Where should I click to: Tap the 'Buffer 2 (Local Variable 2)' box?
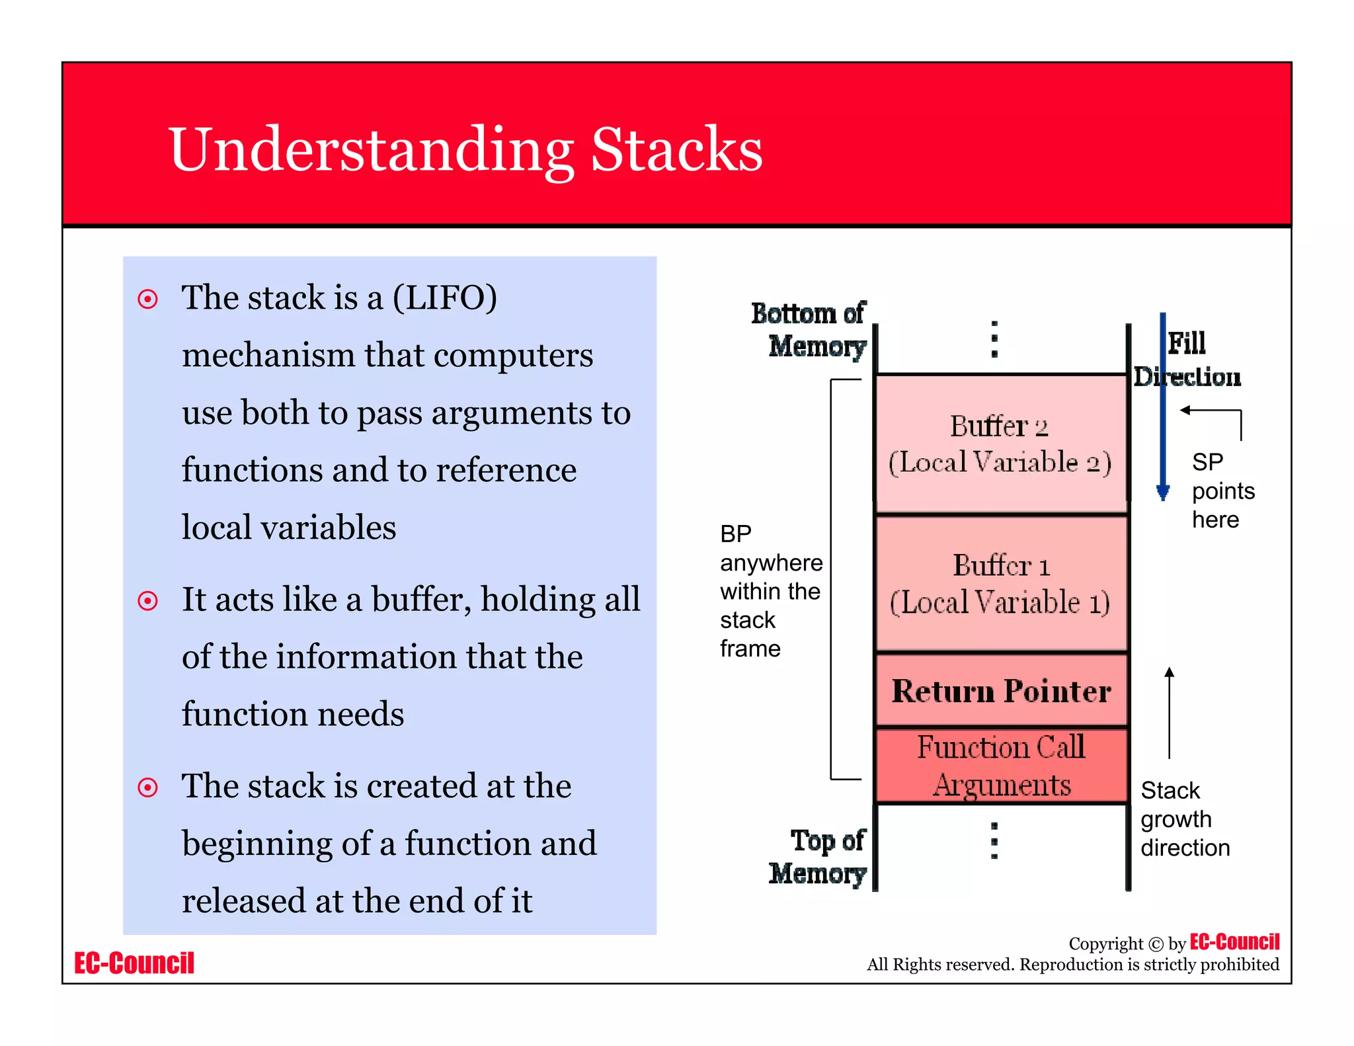1000,444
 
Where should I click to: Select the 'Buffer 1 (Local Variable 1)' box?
1000,583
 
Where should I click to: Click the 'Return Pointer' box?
1001,691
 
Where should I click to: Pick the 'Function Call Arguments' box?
1001,766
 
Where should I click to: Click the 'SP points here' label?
1222,491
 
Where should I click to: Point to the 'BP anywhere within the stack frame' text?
770,590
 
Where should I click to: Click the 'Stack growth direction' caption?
1184,819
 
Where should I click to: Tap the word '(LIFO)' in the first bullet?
444,298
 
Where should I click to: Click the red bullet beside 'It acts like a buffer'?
147,601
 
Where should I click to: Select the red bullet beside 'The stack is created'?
147,787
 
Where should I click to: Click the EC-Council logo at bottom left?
134,963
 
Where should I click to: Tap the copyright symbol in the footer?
1155,944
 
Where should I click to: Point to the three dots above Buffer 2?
994,339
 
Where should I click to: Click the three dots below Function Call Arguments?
994,840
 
